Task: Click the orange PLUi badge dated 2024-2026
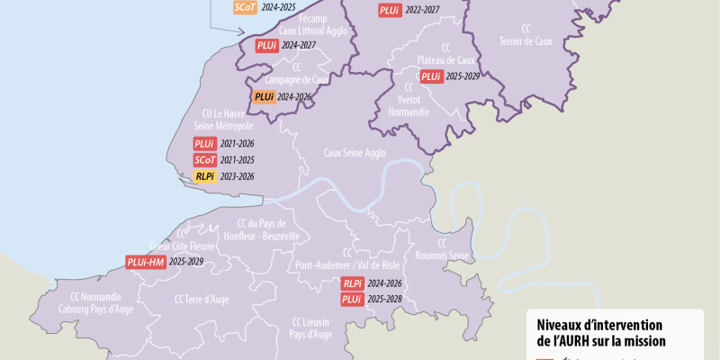coord(264,97)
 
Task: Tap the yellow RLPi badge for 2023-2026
coord(204,176)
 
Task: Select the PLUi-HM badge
coord(145,262)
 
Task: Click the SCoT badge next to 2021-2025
coord(204,160)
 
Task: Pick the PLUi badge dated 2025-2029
coord(431,76)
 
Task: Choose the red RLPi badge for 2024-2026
coord(352,283)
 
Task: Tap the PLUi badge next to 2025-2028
coord(352,299)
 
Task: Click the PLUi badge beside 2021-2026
coord(204,144)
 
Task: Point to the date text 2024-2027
coord(300,45)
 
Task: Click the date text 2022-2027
coord(423,10)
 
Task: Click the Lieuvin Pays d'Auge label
coord(310,328)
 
